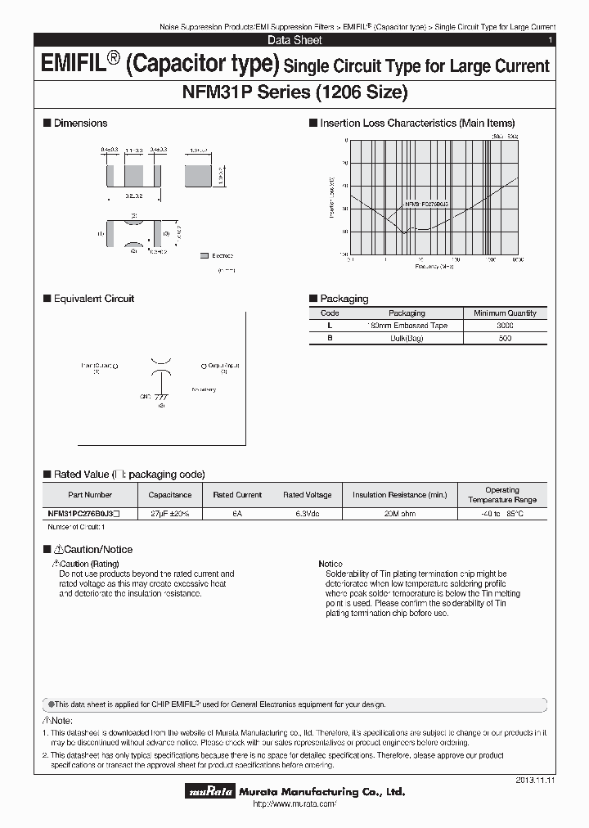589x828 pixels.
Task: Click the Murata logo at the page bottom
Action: coord(212,791)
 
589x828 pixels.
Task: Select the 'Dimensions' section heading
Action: coord(80,123)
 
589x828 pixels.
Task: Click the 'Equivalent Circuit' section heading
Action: coord(93,299)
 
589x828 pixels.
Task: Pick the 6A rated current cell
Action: coord(237,513)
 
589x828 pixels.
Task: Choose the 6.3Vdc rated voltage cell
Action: coord(307,513)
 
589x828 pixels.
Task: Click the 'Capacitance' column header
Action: coord(170,495)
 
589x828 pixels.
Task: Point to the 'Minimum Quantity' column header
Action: coord(505,313)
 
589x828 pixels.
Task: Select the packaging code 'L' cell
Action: coord(330,326)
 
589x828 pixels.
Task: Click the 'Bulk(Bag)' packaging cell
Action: coord(407,338)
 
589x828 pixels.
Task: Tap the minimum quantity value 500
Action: coord(505,338)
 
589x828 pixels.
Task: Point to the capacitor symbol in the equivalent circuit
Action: coord(161,366)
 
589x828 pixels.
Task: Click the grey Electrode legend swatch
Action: coord(205,256)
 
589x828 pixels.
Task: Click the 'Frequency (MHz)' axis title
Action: coord(434,267)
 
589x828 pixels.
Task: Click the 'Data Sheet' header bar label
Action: coord(294,40)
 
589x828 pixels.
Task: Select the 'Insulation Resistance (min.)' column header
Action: coord(399,495)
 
